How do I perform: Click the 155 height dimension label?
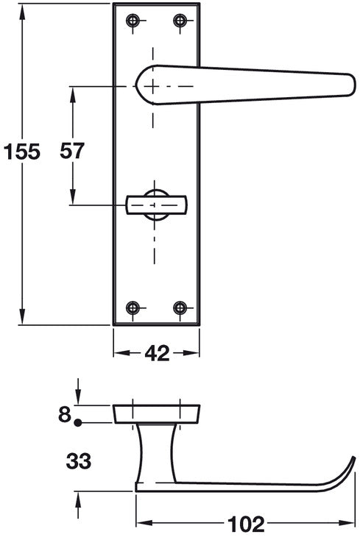[22, 152]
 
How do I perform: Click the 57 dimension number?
[71, 151]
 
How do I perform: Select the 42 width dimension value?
[157, 353]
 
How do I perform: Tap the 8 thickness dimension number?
[65, 414]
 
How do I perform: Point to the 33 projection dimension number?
[79, 461]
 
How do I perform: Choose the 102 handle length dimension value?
[246, 524]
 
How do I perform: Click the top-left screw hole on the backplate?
[133, 21]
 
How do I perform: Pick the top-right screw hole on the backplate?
[180, 21]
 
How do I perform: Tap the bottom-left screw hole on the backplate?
[133, 307]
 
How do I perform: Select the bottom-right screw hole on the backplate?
[180, 307]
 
